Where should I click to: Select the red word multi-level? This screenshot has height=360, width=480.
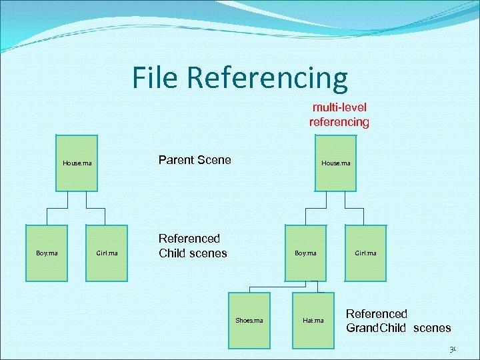pyautogui.click(x=339, y=107)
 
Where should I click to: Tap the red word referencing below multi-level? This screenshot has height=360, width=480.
pyautogui.click(x=339, y=122)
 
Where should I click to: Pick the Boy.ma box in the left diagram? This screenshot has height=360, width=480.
pyautogui.click(x=47, y=253)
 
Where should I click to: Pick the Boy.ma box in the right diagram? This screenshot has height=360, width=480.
pyautogui.click(x=305, y=253)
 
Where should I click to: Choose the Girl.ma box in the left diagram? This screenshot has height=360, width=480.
pyautogui.click(x=107, y=253)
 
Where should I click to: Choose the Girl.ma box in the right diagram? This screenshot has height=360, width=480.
pyautogui.click(x=365, y=253)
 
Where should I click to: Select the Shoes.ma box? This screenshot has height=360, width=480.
pyautogui.click(x=249, y=320)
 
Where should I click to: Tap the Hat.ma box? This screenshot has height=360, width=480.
pyautogui.click(x=313, y=320)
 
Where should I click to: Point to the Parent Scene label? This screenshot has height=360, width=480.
pyautogui.click(x=195, y=160)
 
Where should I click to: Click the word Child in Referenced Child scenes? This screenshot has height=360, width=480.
pyautogui.click(x=173, y=253)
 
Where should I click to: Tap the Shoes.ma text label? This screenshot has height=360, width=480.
pyautogui.click(x=249, y=321)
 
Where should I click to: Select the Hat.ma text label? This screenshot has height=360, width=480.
pyautogui.click(x=313, y=321)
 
